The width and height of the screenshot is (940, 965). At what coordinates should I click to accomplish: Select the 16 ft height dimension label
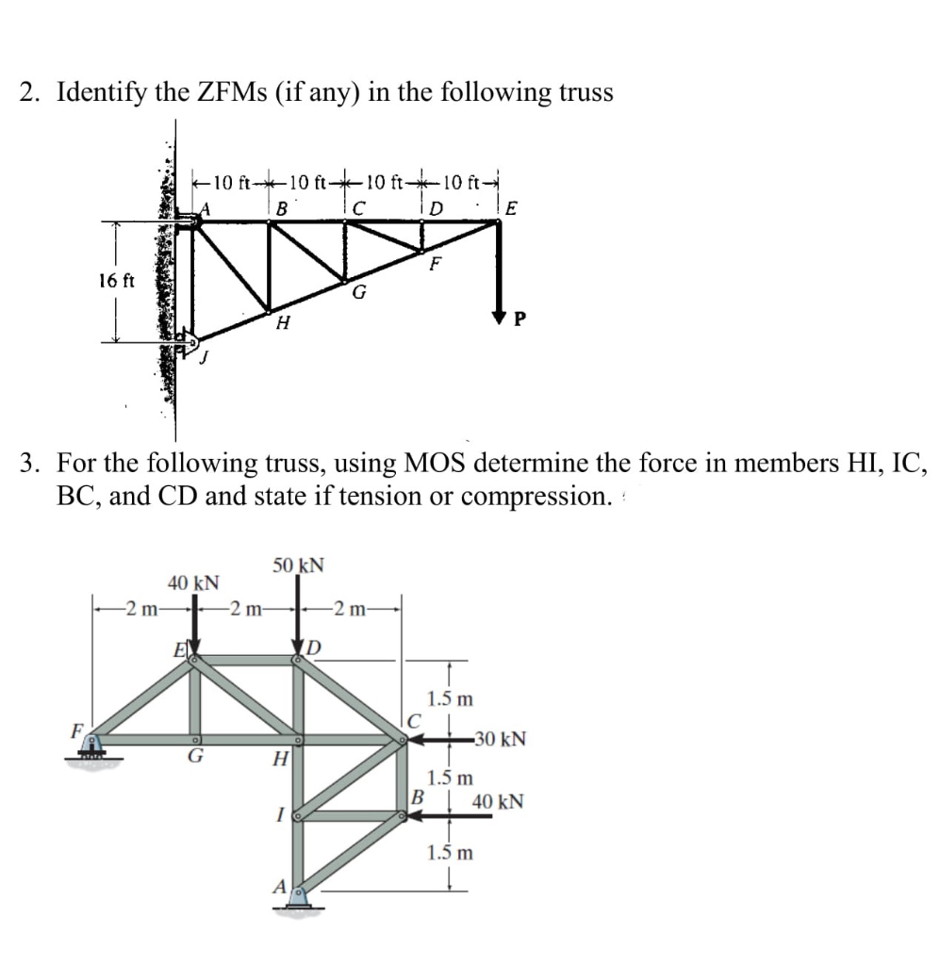(x=118, y=280)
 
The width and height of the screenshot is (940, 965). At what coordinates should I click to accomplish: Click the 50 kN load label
(x=299, y=565)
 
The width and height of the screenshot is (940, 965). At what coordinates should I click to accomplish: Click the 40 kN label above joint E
(x=193, y=583)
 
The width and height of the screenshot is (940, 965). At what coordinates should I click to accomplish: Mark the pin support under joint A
(x=300, y=900)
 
